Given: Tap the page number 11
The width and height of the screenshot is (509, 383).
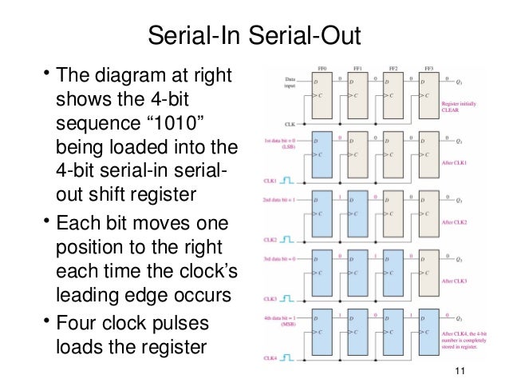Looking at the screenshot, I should pos(459,370).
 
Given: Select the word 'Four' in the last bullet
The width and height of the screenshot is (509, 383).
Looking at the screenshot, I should pos(81,324).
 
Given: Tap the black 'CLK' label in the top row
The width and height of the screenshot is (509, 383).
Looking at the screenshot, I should pos(290,125).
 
